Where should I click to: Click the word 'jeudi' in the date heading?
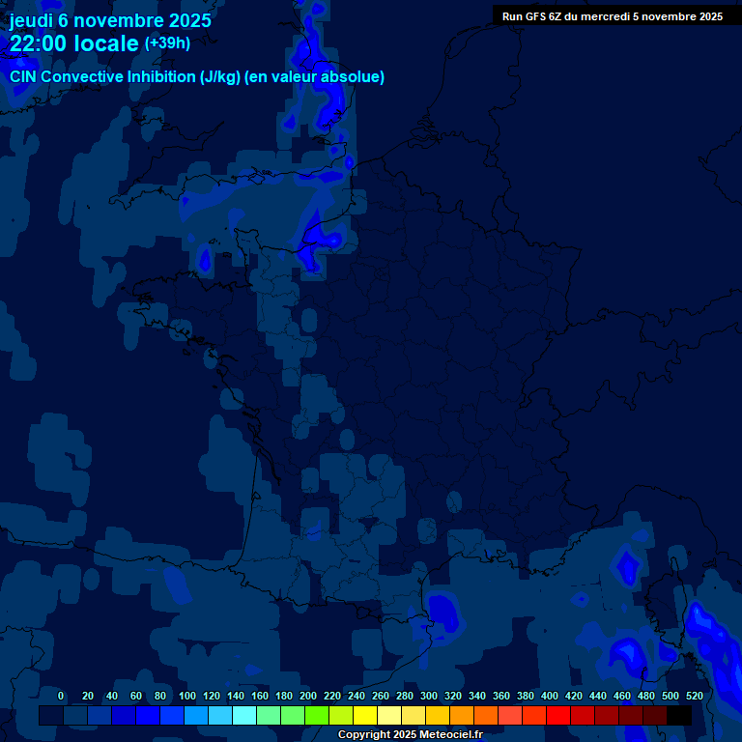point(32,20)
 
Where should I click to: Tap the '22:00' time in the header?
point(40,43)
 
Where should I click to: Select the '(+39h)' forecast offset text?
point(167,43)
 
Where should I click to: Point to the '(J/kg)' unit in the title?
point(223,77)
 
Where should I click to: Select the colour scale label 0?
point(61,696)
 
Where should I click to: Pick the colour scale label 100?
point(187,696)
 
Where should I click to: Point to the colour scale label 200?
point(308,696)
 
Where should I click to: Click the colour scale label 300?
point(429,696)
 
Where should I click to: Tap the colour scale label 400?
point(550,696)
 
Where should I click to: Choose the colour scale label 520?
point(694,696)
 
